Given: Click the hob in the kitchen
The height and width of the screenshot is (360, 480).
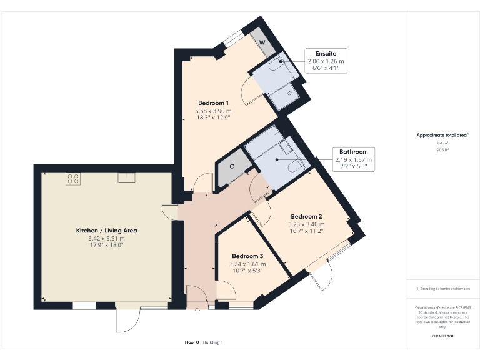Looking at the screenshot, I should (x=72, y=178).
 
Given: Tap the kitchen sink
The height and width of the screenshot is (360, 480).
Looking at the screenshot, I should (x=126, y=178).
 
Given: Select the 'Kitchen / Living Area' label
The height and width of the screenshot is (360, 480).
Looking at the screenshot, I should (x=106, y=231).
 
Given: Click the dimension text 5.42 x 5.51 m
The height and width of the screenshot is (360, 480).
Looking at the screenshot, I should (x=106, y=238).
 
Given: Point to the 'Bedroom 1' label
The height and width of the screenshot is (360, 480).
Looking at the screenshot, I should (x=213, y=103).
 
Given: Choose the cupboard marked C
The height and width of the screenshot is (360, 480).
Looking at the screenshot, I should (x=232, y=167).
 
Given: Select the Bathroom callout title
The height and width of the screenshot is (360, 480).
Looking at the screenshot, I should (x=353, y=152).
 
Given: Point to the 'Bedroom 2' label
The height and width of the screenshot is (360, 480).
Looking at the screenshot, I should (x=306, y=217).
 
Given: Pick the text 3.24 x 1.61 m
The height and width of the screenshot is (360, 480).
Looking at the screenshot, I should (x=247, y=264).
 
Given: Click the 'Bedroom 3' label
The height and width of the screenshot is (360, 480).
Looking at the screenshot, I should (x=247, y=256).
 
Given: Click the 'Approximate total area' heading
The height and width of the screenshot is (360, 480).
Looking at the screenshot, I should (x=442, y=135).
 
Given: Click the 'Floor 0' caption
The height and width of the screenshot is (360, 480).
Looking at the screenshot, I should (x=191, y=342).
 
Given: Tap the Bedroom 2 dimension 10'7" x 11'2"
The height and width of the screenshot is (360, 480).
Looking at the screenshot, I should (x=306, y=231).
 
